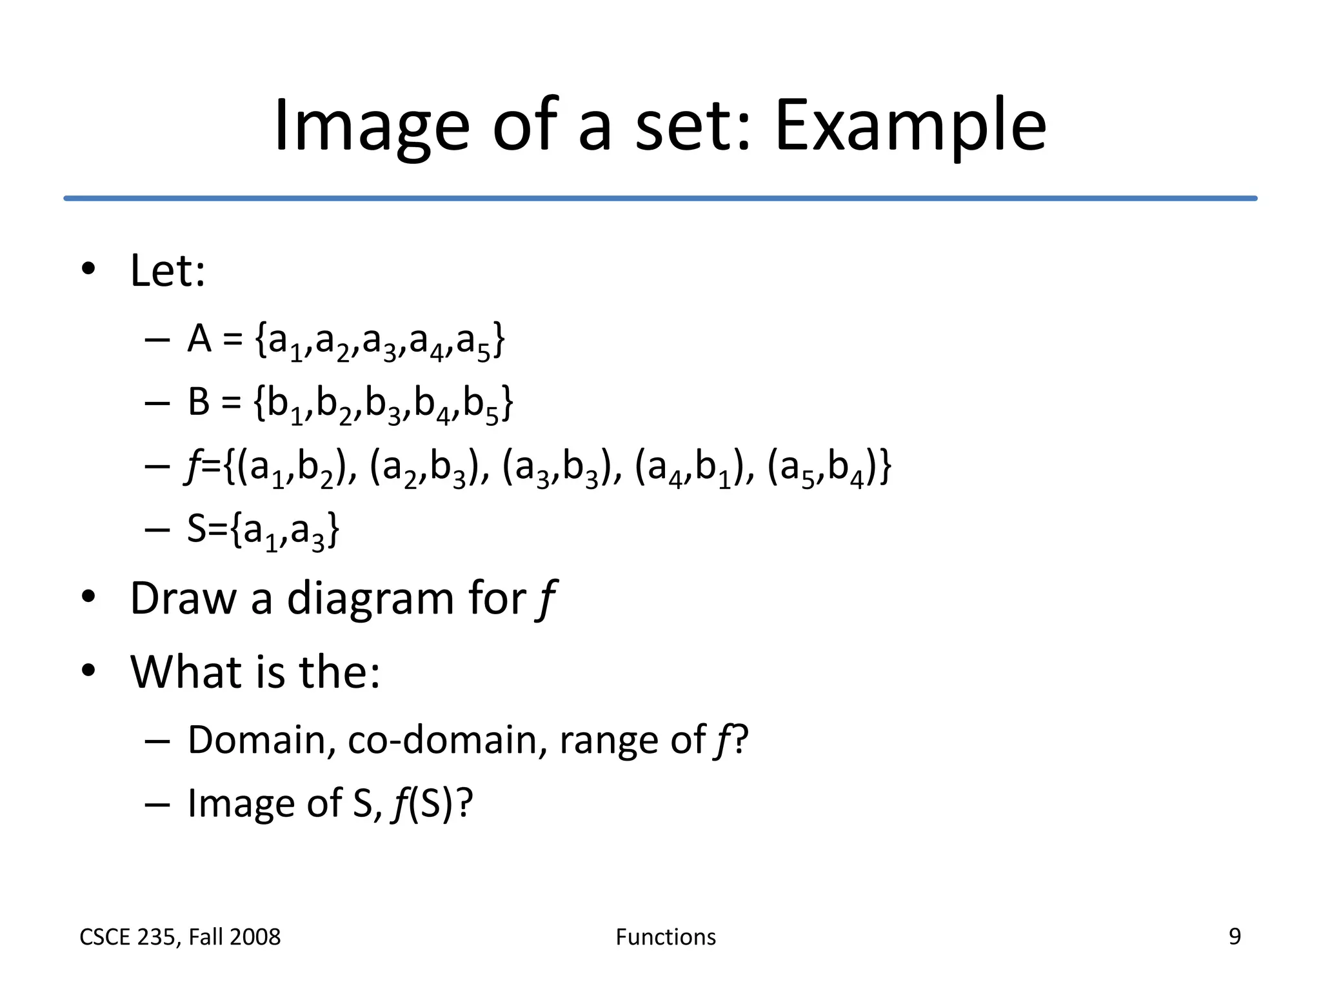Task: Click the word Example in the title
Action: (x=909, y=126)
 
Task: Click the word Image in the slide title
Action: (x=371, y=126)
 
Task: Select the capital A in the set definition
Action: (x=199, y=338)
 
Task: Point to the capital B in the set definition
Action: (x=199, y=401)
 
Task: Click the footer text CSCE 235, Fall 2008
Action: (x=180, y=937)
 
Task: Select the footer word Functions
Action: (x=666, y=937)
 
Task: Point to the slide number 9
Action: (x=1235, y=936)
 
